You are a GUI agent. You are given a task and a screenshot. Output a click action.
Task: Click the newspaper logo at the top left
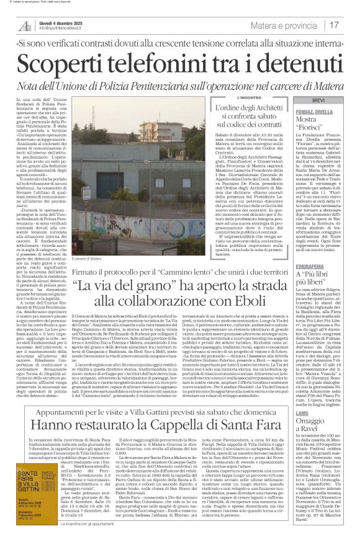[x=24, y=25]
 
